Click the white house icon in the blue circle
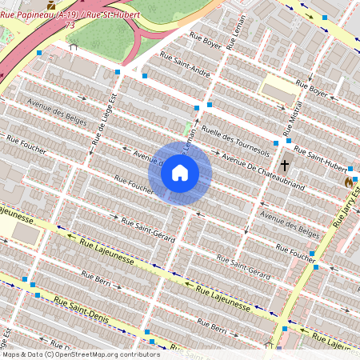[180, 173]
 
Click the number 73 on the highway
[70, 25]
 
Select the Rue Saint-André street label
[185, 63]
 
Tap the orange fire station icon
[349, 182]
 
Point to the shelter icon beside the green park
[74, 46]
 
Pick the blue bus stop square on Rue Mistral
[276, 143]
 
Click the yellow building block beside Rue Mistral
[280, 87]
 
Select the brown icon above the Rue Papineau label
[52, 5]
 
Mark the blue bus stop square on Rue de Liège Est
[118, 73]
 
